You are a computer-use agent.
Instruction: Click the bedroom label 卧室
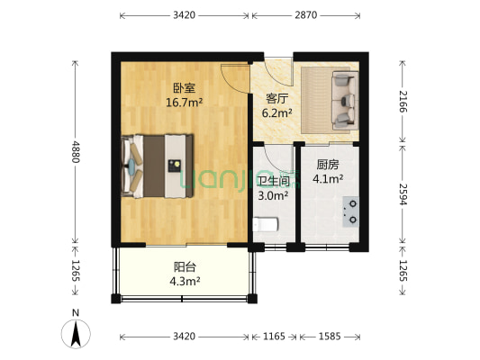[184, 88]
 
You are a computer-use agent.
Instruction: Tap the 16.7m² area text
[184, 103]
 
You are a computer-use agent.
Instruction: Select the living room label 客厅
[276, 99]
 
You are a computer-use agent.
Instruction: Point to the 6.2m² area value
[276, 113]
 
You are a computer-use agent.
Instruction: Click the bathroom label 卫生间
[274, 180]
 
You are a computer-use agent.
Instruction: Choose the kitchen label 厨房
[327, 165]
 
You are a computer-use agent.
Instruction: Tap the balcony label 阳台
[186, 267]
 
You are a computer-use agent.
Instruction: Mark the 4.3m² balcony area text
[186, 282]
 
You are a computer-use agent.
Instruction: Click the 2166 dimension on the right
[404, 94]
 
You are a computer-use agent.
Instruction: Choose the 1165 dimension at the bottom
[274, 336]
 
